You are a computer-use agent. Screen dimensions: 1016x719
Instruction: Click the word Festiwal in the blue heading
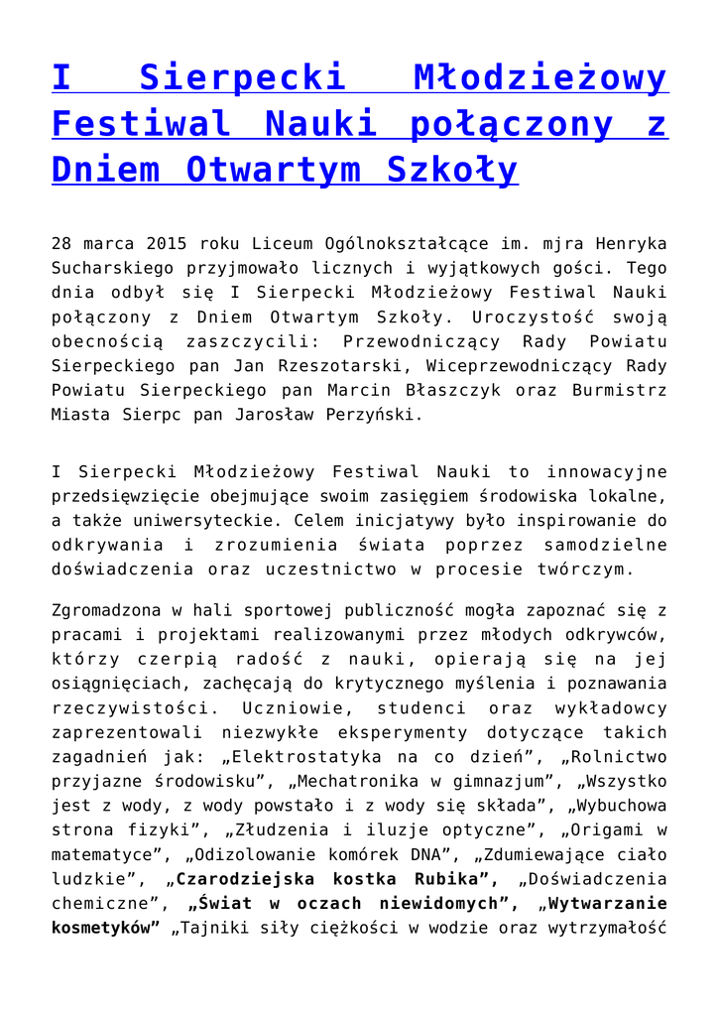pos(142,124)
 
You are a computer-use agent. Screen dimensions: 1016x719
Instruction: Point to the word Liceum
pos(282,243)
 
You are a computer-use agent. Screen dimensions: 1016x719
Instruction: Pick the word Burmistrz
pos(620,390)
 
